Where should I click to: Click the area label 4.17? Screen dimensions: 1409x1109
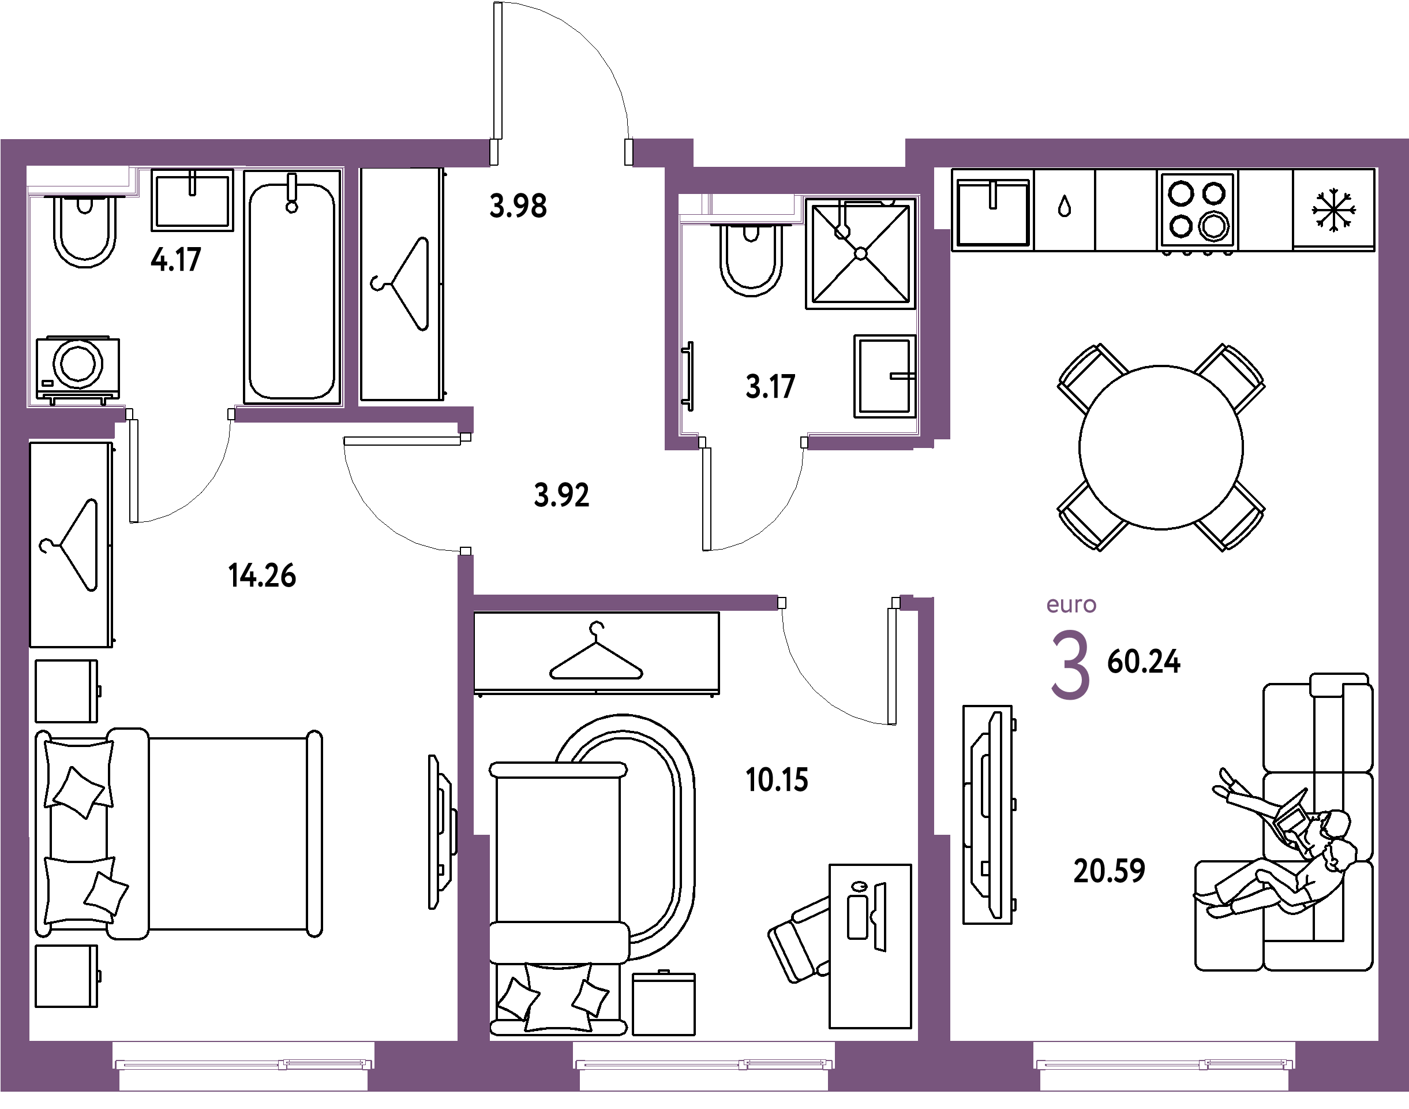pos(176,260)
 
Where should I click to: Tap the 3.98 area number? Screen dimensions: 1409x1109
pos(518,207)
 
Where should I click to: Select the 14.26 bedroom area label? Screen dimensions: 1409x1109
pos(262,576)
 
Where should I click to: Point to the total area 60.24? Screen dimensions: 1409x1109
pos(1144,662)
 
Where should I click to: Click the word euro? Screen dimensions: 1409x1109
pos(1071,605)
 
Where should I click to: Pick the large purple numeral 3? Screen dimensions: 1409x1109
pos(1070,666)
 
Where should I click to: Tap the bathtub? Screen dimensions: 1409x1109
pos(292,287)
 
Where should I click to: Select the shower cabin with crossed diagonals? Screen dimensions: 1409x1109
pos(861,253)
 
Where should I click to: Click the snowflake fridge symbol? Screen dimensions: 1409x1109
pos(1333,210)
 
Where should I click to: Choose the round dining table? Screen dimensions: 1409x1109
pos(1161,447)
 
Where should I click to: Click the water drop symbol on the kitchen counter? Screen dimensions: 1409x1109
pos(1065,207)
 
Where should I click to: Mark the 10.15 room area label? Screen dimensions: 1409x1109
pos(777,781)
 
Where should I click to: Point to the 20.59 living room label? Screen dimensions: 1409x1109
pos(1109,871)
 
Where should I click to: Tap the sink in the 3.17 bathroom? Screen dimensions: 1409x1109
pos(885,376)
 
